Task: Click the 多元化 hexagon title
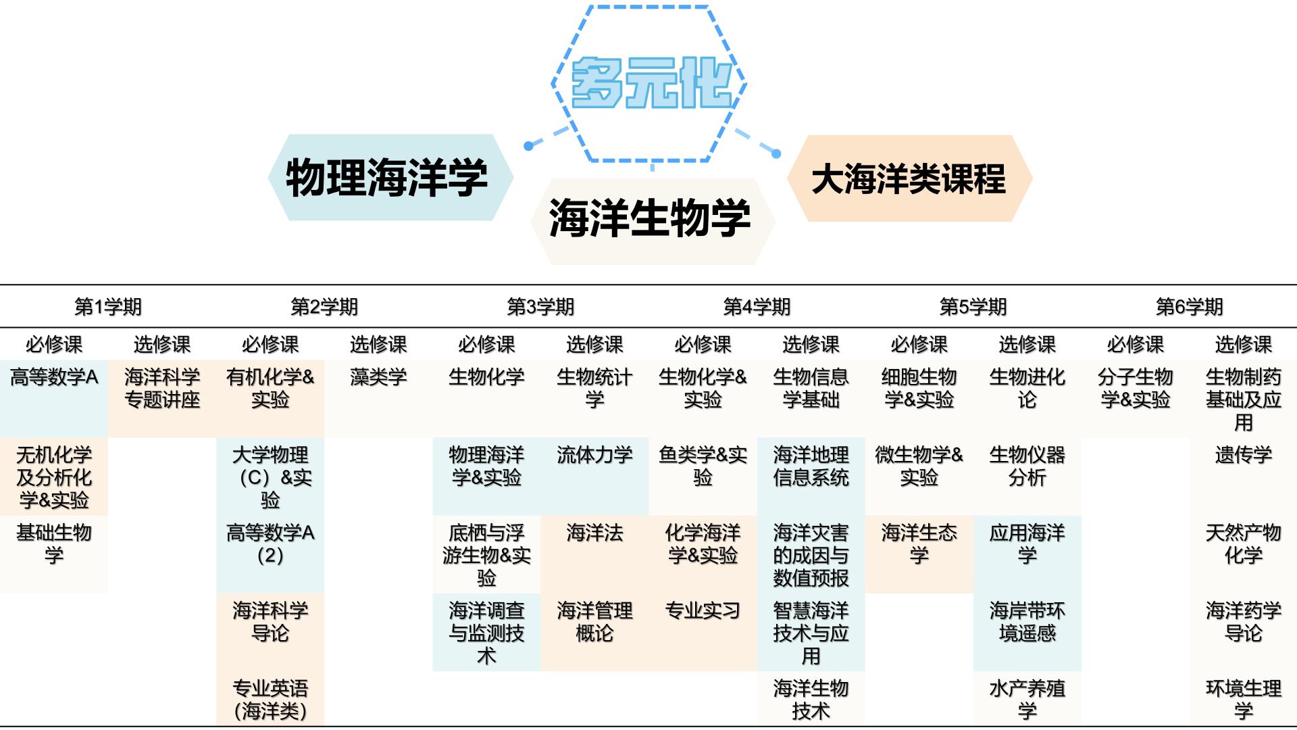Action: click(x=651, y=84)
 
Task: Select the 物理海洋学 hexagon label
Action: click(x=387, y=178)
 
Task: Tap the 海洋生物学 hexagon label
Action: click(x=650, y=218)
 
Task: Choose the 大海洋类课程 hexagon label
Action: click(x=909, y=179)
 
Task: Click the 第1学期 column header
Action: click(x=108, y=307)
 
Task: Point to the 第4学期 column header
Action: click(x=757, y=307)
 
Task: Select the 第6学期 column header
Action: click(x=1189, y=307)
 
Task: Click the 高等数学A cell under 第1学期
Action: click(x=54, y=377)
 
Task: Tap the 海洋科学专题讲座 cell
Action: click(x=162, y=389)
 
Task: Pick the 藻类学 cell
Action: click(x=378, y=377)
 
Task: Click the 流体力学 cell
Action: click(x=594, y=455)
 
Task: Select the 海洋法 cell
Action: click(x=594, y=533)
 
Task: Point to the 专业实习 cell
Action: click(x=703, y=610)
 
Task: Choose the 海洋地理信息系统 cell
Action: click(x=811, y=466)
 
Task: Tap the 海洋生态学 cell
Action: click(x=919, y=544)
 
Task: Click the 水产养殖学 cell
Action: click(x=1027, y=700)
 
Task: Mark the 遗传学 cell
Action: click(x=1243, y=455)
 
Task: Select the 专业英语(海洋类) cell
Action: click(x=270, y=700)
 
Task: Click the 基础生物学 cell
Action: click(x=54, y=544)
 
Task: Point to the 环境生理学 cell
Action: click(x=1243, y=700)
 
